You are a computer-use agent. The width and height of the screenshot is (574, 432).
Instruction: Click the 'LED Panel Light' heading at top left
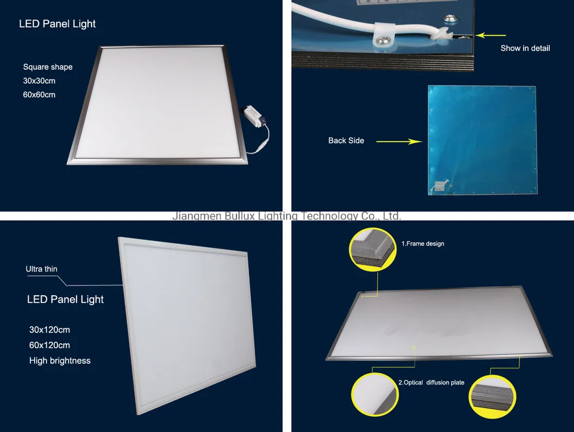pos(57,24)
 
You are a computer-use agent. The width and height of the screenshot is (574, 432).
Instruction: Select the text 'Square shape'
pos(48,67)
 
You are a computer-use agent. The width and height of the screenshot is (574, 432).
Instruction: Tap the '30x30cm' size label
pos(39,81)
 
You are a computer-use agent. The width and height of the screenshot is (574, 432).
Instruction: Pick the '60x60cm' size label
pos(39,95)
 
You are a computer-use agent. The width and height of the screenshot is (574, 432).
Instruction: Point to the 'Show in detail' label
pos(525,48)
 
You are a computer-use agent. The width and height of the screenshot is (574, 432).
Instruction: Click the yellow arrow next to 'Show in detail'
pos(490,36)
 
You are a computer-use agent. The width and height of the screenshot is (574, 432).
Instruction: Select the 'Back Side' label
pos(346,141)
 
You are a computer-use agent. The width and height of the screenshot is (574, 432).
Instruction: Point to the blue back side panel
pos(481,139)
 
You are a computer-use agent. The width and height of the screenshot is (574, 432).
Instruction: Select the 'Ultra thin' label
pos(41,269)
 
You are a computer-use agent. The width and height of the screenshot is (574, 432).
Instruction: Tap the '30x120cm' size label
pos(49,330)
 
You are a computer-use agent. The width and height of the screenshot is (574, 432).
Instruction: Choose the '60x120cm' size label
pos(49,345)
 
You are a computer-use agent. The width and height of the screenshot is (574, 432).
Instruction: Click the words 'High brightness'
pos(60,361)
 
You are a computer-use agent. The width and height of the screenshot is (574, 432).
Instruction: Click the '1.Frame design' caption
pos(422,244)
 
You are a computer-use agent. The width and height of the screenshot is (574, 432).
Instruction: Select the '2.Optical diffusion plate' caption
pos(431,383)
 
